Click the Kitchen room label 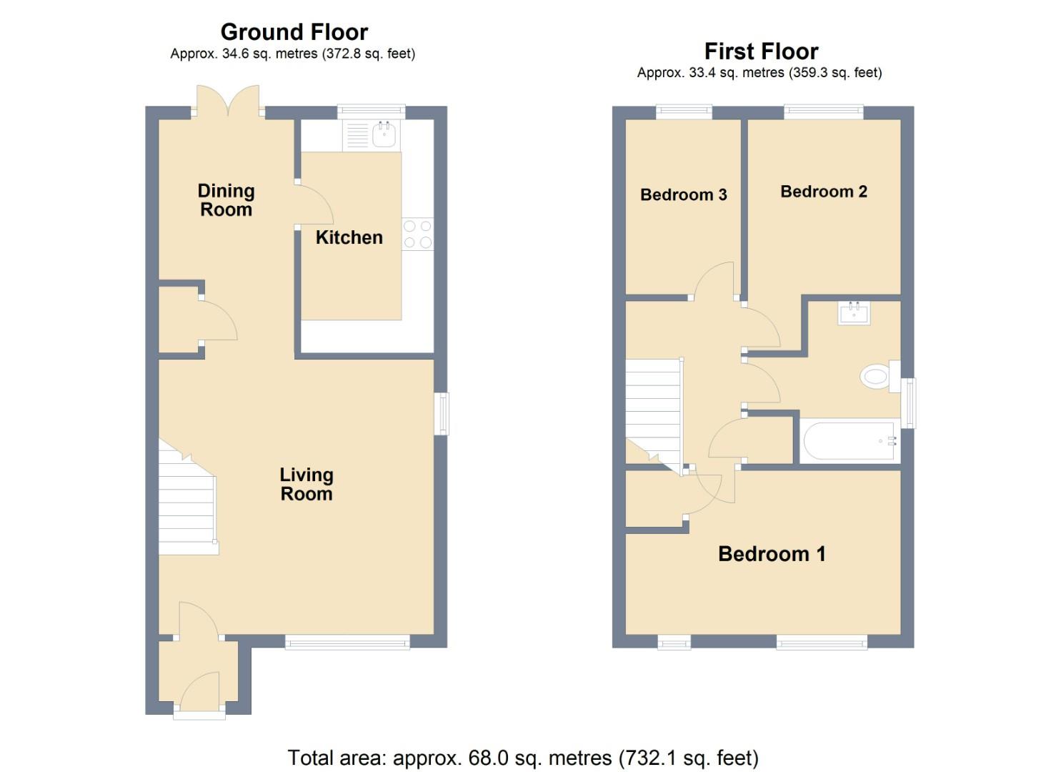(349, 237)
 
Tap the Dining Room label (226, 200)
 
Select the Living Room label (306, 484)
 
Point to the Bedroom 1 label (772, 554)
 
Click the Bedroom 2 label (823, 192)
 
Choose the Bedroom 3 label (683, 194)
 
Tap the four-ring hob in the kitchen (417, 234)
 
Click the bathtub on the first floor (849, 441)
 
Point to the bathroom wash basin (854, 313)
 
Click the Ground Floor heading (294, 32)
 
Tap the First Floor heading (761, 51)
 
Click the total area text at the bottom (522, 757)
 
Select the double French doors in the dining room (228, 102)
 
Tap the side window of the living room (442, 413)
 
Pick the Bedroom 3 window (684, 111)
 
